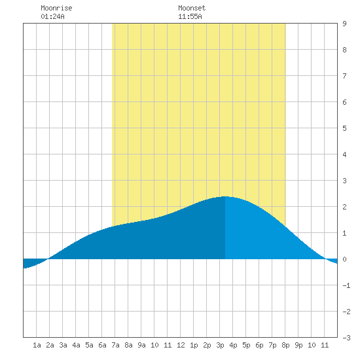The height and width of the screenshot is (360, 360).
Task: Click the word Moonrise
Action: (x=56, y=8)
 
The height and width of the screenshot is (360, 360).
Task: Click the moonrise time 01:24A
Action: (x=52, y=16)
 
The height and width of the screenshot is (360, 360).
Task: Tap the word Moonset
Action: (x=192, y=8)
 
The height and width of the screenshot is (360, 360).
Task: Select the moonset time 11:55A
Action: (x=190, y=16)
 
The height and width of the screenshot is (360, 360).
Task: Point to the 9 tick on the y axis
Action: (x=344, y=24)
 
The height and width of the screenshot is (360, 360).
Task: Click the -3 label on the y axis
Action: (x=346, y=338)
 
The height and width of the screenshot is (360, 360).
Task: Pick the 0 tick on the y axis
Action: (x=344, y=259)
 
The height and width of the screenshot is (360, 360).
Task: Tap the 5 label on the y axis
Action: (x=344, y=128)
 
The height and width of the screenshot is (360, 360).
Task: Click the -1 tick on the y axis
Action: (x=346, y=285)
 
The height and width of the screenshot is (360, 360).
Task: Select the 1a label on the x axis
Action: (x=37, y=345)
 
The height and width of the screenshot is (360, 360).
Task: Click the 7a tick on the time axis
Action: (x=115, y=345)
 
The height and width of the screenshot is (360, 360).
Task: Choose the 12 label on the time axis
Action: (x=181, y=345)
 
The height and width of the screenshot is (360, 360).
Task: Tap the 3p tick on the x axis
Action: (x=220, y=345)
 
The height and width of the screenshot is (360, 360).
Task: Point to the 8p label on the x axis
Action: (x=285, y=345)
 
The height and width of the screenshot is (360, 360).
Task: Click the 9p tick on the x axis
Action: (x=298, y=345)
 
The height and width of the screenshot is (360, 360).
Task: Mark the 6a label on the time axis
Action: (x=102, y=345)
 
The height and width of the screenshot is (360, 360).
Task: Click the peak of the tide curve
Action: (x=225, y=196)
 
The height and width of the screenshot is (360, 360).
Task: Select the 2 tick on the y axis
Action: (x=344, y=207)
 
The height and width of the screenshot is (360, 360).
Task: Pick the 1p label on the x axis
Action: (x=194, y=345)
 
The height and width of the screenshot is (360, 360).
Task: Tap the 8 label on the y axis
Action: (x=344, y=50)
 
